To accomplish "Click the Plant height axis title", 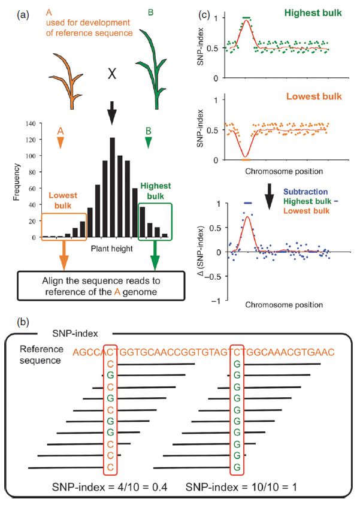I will (x=111, y=247).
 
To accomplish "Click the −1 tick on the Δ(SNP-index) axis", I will (x=220, y=300).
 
